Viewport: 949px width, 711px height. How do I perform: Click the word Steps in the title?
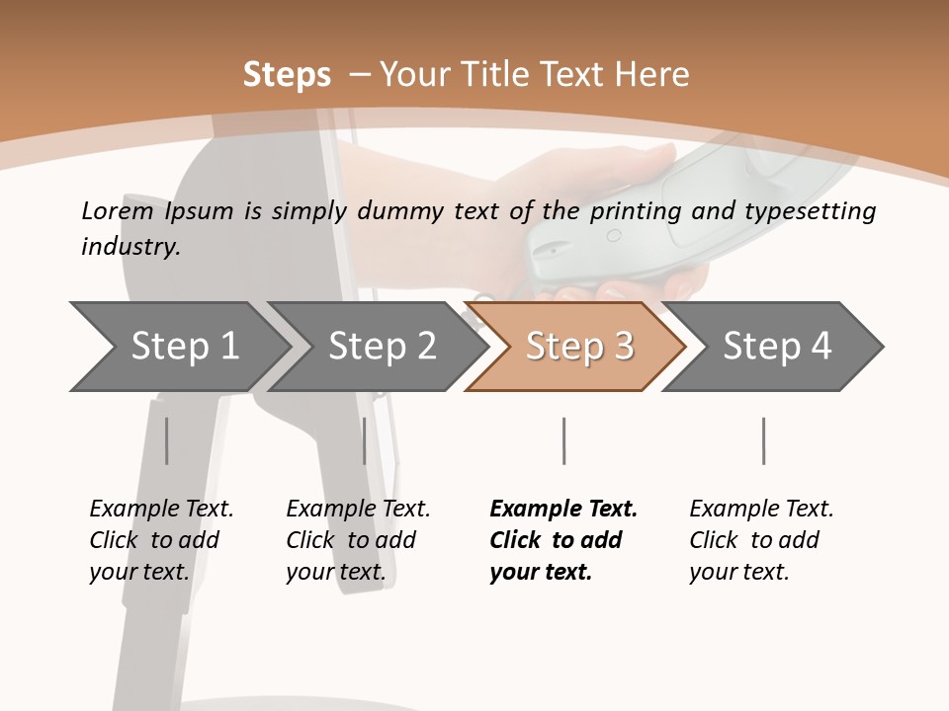[x=287, y=75]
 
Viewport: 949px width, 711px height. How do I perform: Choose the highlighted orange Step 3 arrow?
[x=579, y=346]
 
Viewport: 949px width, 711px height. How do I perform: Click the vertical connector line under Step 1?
[x=166, y=440]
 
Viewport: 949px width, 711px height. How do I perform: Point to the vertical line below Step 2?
[x=365, y=440]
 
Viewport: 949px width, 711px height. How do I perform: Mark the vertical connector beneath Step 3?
[x=563, y=440]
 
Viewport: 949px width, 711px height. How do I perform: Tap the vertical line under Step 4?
[x=763, y=440]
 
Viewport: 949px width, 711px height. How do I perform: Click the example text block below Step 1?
[x=160, y=540]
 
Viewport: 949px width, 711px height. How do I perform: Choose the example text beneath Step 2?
[x=357, y=540]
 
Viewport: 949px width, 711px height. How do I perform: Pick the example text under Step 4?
[x=760, y=540]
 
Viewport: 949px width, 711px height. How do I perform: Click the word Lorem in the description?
[x=117, y=210]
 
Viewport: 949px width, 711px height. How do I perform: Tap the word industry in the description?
[x=129, y=247]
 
